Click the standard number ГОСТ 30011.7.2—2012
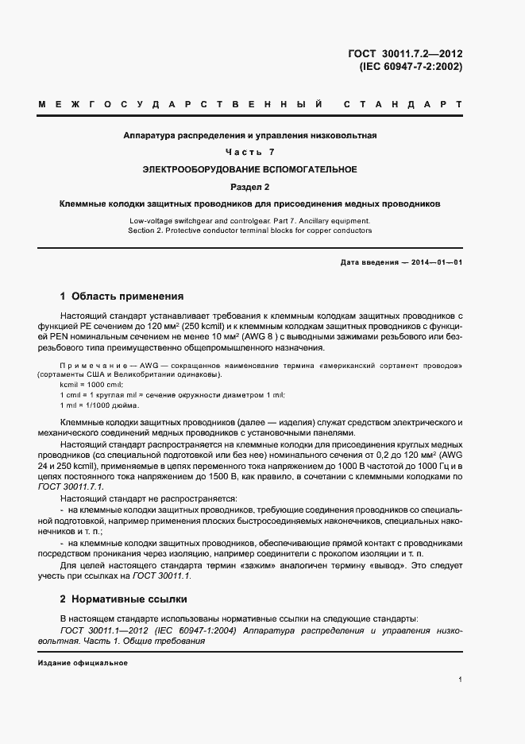pos(405,54)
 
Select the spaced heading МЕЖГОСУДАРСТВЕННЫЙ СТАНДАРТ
pos(250,104)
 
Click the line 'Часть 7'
pos(250,152)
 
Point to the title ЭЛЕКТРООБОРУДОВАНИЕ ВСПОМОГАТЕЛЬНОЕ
pos(250,169)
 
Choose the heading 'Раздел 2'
pos(250,187)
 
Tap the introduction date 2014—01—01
pos(435,262)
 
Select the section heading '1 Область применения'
pos(122,296)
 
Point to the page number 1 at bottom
pos(461,680)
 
